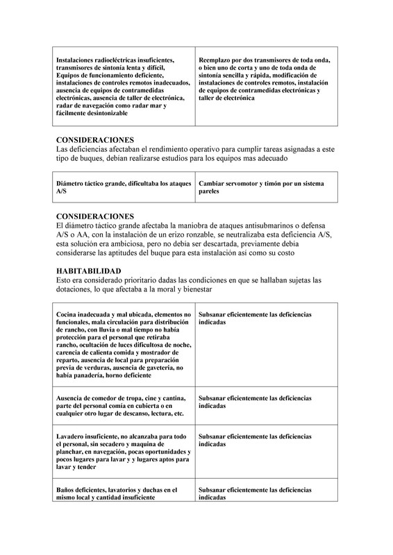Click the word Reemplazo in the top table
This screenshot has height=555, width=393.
[215, 60]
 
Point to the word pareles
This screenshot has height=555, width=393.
[210, 191]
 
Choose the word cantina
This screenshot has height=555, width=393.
[168, 398]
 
